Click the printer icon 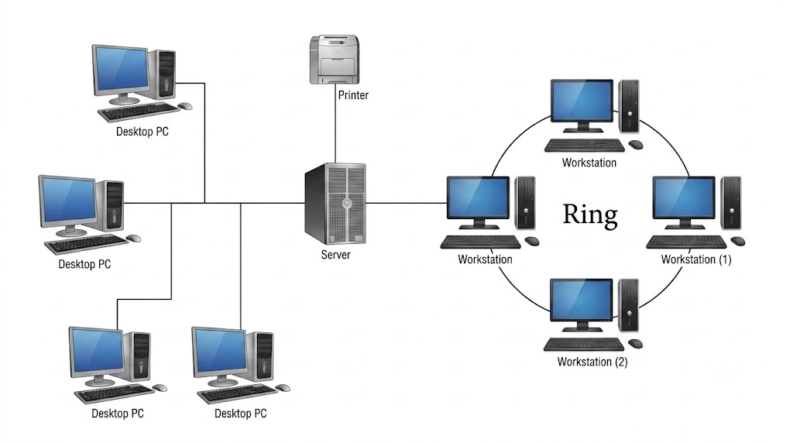tap(335, 59)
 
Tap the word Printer tap(353, 95)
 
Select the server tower tap(335, 203)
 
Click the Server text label tap(336, 254)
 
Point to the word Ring tap(590, 215)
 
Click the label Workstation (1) tap(696, 259)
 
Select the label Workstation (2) tap(592, 362)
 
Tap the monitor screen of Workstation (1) tap(685, 197)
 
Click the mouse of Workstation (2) tap(635, 344)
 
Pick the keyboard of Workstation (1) tap(686, 242)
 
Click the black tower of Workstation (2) tap(629, 305)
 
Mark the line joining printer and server tap(335, 124)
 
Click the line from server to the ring tap(407, 203)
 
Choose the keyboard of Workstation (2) tap(584, 345)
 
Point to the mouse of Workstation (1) tap(738, 241)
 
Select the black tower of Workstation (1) tap(731, 202)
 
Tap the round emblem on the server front tap(347, 203)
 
